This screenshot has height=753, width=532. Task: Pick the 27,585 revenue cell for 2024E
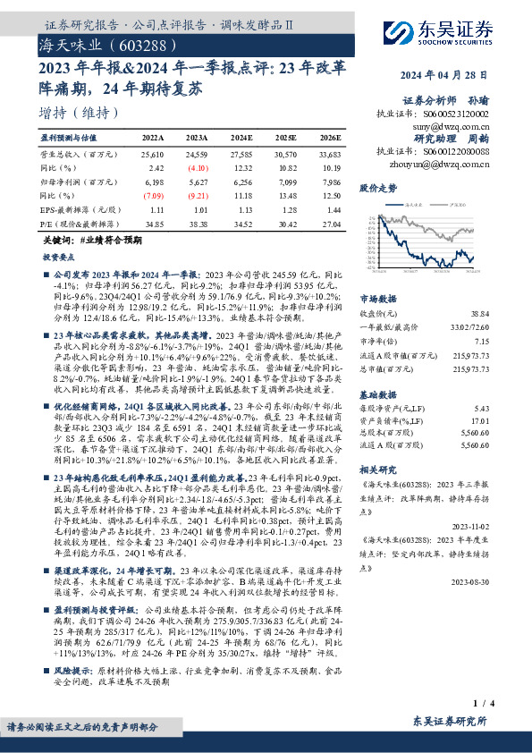pos(242,156)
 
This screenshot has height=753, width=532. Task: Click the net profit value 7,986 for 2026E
pos(330,181)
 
